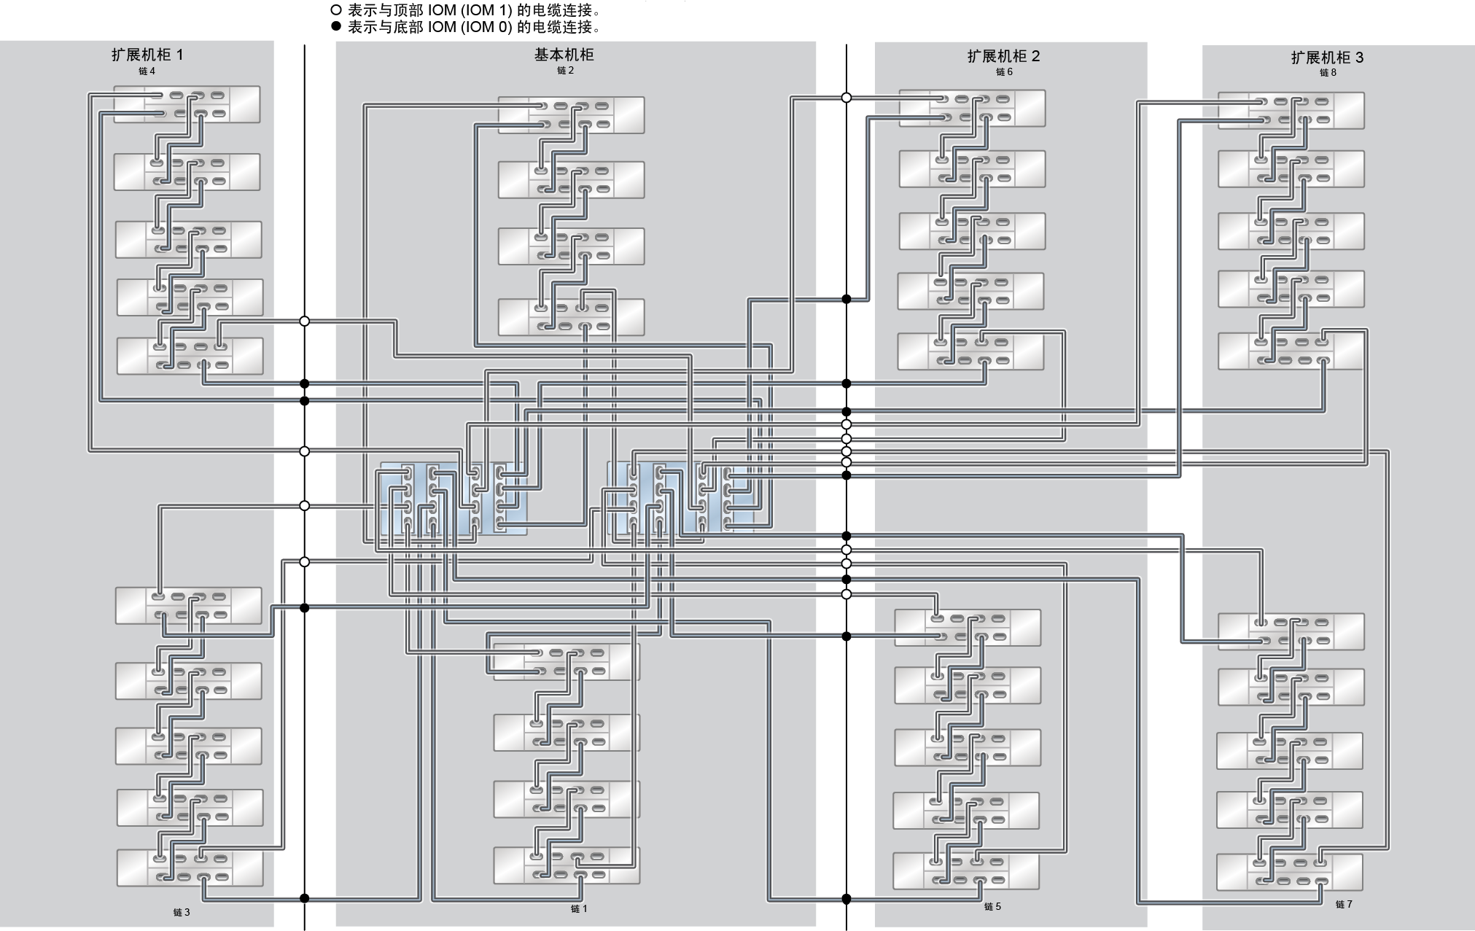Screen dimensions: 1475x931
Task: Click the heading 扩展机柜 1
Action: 147,55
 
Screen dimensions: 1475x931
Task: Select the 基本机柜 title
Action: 564,55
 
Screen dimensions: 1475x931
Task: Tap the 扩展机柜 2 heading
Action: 1004,56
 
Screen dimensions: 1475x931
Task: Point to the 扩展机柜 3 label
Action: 1327,58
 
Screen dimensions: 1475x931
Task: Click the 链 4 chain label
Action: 147,71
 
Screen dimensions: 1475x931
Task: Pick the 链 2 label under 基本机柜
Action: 565,71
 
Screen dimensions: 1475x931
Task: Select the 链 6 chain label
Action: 1004,72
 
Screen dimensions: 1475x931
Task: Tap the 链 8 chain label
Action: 1328,73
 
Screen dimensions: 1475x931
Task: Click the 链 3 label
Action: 182,912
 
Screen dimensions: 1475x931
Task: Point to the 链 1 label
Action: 579,909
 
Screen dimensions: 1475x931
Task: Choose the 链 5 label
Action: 992,907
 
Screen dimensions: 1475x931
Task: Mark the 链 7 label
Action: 1344,905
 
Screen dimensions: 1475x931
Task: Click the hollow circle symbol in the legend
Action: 336,11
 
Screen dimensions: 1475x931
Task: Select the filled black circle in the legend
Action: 336,27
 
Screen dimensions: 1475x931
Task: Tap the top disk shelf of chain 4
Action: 187,104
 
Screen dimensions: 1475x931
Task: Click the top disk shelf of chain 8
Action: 1291,111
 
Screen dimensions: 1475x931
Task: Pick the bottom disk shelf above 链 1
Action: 567,865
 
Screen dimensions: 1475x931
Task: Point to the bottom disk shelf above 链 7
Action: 1289,872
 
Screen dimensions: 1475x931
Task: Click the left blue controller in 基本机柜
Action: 453,499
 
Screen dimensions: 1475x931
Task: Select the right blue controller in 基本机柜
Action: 681,498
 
